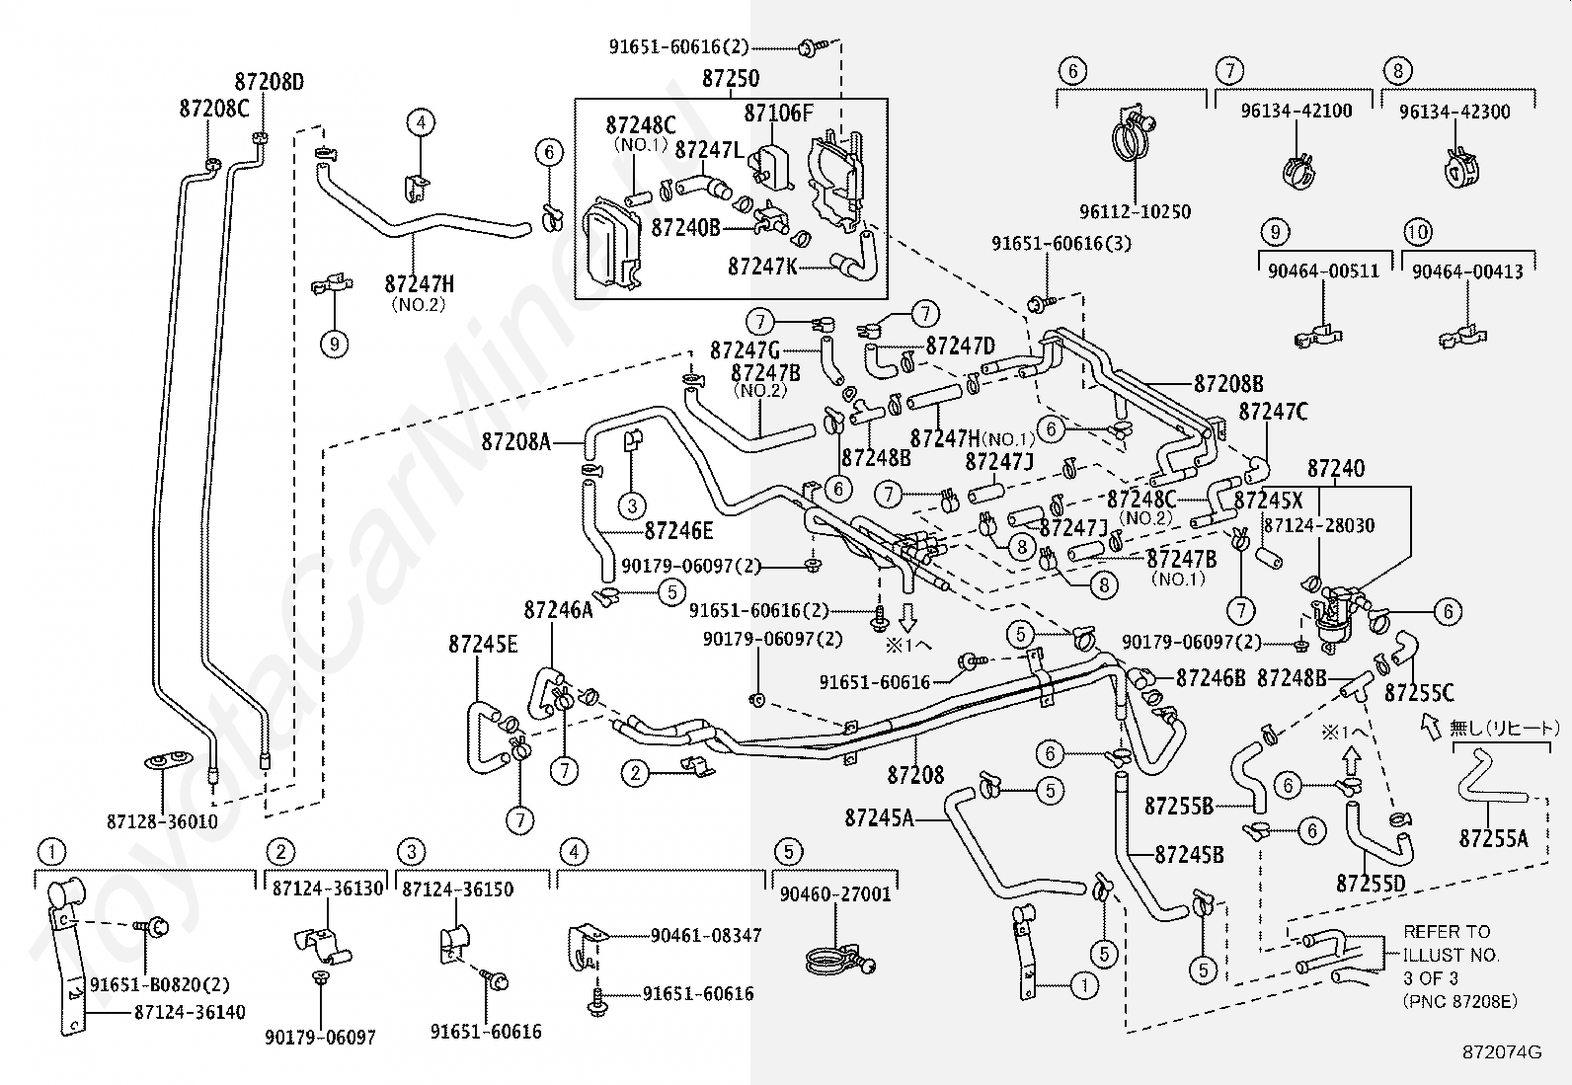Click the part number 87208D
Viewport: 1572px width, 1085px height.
(x=270, y=82)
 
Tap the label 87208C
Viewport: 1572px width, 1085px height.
(x=214, y=109)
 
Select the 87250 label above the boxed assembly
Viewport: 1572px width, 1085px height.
(x=731, y=78)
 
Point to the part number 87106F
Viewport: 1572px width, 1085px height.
(x=779, y=113)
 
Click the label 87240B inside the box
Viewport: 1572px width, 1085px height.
(x=685, y=227)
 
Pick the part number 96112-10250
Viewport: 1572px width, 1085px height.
(x=1135, y=211)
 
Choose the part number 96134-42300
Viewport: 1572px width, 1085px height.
(x=1454, y=112)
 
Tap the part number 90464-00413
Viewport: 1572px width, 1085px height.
(x=1467, y=271)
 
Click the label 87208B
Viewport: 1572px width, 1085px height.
(x=1228, y=384)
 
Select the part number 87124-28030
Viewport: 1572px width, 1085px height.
(x=1318, y=525)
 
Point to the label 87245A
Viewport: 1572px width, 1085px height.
(x=880, y=818)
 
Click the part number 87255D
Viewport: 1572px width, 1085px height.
(x=1371, y=884)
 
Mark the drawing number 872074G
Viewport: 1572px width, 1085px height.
(x=1503, y=1052)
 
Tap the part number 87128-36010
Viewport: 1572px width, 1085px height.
(x=162, y=821)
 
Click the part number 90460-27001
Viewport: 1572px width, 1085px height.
(x=835, y=894)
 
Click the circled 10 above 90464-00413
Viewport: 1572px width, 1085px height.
(x=1418, y=232)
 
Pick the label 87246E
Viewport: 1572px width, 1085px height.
(x=678, y=531)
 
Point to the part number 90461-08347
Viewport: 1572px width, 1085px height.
(x=706, y=936)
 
